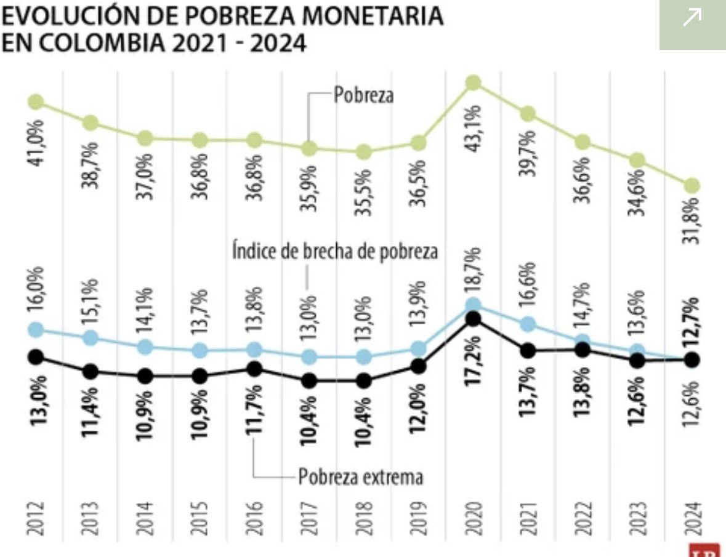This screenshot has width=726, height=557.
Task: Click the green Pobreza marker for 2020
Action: click(473, 82)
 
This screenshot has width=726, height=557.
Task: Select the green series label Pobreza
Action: click(363, 95)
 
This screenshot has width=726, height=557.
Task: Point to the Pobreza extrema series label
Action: click(361, 476)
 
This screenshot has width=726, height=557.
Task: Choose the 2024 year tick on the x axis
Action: click(692, 519)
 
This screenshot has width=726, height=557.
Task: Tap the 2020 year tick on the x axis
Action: click(474, 519)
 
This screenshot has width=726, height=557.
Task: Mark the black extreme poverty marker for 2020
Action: click(473, 318)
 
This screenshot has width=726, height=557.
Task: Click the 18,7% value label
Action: click(474, 271)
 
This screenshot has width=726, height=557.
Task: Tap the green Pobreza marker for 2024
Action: click(692, 185)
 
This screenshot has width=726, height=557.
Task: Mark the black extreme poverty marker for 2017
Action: click(309, 381)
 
